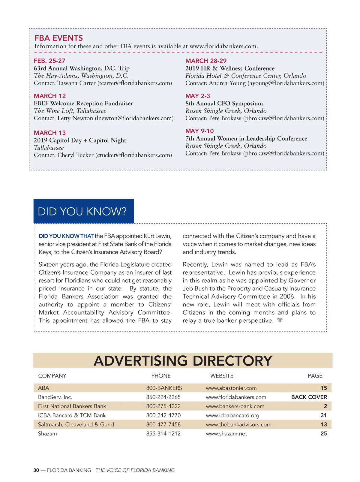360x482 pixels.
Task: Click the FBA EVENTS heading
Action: [x=58, y=38]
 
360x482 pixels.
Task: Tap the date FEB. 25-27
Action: [x=49, y=61]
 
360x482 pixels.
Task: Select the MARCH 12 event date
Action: [x=50, y=96]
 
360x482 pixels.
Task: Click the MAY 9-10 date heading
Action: [x=199, y=131]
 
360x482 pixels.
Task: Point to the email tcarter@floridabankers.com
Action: [x=135, y=83]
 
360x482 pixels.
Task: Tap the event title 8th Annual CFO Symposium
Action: [x=224, y=103]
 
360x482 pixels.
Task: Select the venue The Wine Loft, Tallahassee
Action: [x=70, y=111]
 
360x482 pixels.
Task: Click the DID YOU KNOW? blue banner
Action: [x=83, y=211]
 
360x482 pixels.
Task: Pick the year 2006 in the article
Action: [x=287, y=297]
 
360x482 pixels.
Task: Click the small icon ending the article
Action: [x=280, y=320]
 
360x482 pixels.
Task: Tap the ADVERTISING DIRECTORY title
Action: [x=183, y=360]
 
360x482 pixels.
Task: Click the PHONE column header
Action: [x=161, y=376]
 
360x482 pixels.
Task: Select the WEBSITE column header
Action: [x=222, y=376]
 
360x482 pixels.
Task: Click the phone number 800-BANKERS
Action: [x=164, y=388]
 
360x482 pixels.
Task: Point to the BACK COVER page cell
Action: [x=309, y=397]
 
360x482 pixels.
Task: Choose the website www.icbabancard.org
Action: [x=232, y=415]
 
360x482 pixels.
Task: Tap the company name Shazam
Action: [x=47, y=433]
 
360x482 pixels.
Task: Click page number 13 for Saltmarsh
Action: [x=324, y=424]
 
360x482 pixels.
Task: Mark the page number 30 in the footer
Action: [x=36, y=470]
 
